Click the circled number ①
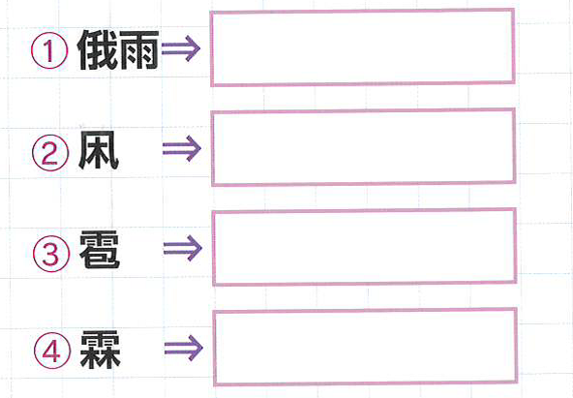(49, 50)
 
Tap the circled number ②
(50, 152)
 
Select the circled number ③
(51, 254)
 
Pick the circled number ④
(52, 351)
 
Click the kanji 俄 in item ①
(98, 50)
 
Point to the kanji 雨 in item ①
(138, 50)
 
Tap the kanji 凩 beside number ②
(99, 150)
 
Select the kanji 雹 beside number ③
(100, 250)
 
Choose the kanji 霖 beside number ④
(101, 350)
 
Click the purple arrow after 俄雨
(181, 48)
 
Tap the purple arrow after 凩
(182, 148)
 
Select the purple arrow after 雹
(183, 248)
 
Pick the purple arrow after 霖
(184, 349)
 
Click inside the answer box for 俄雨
(363, 47)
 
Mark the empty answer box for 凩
(364, 147)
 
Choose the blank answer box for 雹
(364, 247)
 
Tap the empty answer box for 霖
(366, 348)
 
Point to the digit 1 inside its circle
(49, 50)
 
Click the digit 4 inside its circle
(52, 351)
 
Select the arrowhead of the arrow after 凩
(194, 148)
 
